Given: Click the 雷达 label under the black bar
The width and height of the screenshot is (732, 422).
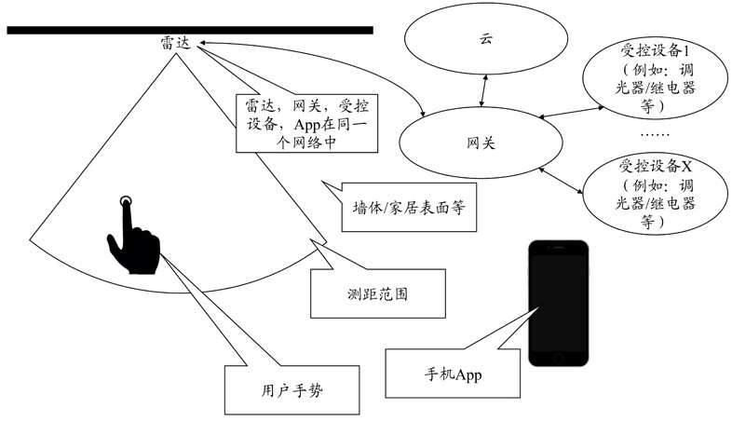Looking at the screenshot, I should [x=174, y=43].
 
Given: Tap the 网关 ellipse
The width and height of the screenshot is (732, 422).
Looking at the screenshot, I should [x=481, y=144].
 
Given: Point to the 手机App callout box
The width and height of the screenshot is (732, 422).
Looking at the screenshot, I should [x=442, y=374].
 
